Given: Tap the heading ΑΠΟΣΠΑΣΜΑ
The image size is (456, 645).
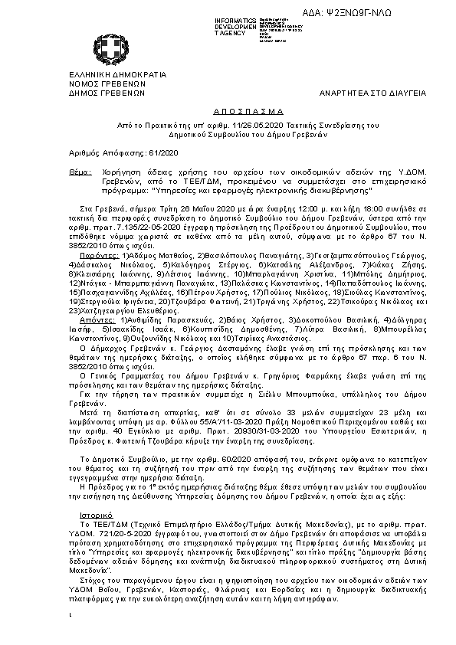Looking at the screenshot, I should click(228, 110).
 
